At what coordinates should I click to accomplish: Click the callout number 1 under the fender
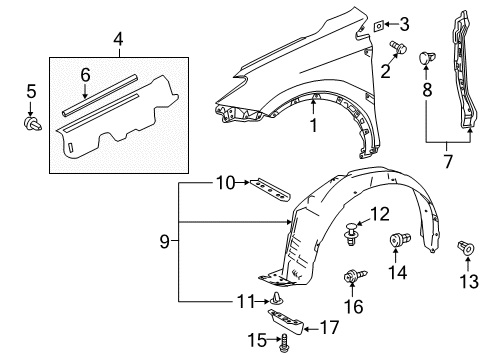(313, 125)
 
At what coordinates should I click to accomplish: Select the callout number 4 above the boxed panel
(118, 40)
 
